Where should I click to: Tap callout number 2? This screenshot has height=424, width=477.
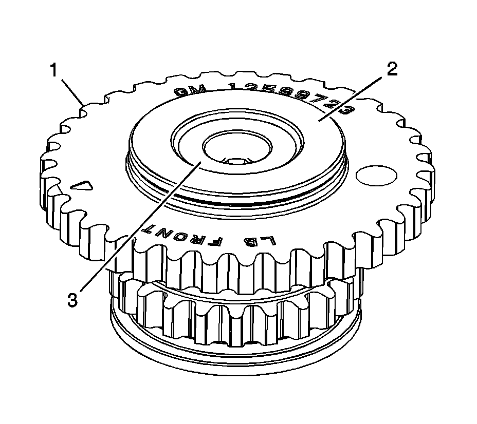(392, 70)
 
